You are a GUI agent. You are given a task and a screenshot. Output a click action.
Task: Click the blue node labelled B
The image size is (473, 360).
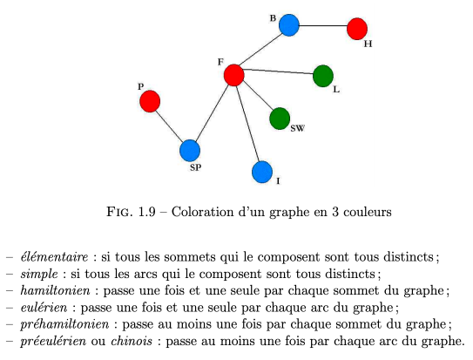click(x=289, y=25)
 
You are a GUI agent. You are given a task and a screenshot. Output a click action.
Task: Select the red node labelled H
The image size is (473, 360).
click(x=357, y=29)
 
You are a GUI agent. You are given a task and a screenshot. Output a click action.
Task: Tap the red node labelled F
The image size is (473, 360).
click(x=234, y=75)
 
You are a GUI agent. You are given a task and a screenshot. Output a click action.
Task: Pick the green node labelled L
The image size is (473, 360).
click(x=323, y=76)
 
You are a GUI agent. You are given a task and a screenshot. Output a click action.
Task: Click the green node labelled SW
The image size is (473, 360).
click(x=280, y=119)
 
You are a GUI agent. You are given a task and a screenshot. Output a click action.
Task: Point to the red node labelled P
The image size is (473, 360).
click(x=150, y=101)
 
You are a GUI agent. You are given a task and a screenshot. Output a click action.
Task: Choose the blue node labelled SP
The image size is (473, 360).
click(x=190, y=151)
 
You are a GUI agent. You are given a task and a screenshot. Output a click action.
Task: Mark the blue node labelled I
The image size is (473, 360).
click(x=262, y=172)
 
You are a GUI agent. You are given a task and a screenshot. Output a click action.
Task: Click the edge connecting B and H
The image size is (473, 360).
click(x=323, y=26)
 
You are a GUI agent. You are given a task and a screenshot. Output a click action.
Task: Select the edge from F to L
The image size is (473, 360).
click(x=278, y=71)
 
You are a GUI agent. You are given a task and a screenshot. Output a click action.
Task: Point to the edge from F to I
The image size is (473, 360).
click(x=248, y=124)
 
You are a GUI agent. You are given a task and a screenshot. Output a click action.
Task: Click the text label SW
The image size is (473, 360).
click(x=297, y=128)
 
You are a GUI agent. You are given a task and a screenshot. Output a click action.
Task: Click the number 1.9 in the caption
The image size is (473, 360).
click(x=147, y=212)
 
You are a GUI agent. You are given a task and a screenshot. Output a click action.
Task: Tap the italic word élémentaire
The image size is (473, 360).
click(x=54, y=257)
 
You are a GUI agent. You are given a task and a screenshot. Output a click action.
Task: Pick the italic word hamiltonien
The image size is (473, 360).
click(x=55, y=290)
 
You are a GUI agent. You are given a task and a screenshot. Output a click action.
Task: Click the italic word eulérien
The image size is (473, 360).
click(x=44, y=308)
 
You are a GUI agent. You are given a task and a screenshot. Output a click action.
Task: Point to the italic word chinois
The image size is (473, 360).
click(x=132, y=341)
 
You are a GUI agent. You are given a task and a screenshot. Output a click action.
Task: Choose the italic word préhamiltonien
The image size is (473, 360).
click(x=64, y=324)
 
